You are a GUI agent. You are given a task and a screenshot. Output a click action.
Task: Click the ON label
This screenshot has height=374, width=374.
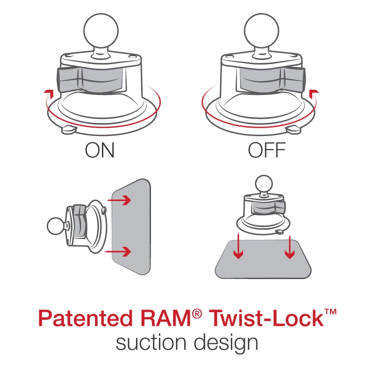pyautogui.click(x=99, y=151)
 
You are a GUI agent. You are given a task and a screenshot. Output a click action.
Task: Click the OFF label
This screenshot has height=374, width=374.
pyautogui.click(x=266, y=151)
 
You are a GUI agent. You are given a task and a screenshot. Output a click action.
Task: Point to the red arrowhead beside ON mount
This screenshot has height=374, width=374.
pyautogui.click(x=46, y=91)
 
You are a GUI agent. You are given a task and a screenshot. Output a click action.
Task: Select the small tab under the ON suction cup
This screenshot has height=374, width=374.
pyautogui.click(x=69, y=129)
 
